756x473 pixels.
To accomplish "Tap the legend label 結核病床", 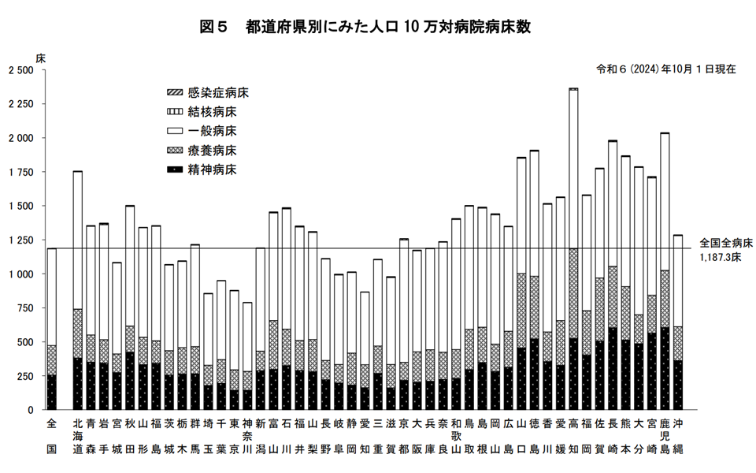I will tap(213, 111).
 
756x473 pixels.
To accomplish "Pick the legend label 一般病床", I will tap(213, 130).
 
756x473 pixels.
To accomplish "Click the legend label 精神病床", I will tap(213, 169).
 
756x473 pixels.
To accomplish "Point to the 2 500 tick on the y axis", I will tap(20, 70).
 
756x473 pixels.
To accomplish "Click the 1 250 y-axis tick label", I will tap(20, 240).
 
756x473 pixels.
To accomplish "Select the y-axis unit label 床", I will tap(41, 58).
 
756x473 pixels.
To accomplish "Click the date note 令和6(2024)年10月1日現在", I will tap(666, 69).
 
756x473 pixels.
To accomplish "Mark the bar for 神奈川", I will tap(247, 356).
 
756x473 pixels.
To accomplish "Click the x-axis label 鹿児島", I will tap(664, 437).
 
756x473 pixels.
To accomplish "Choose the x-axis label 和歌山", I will tap(456, 437).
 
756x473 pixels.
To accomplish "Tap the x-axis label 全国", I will tap(52, 437).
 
